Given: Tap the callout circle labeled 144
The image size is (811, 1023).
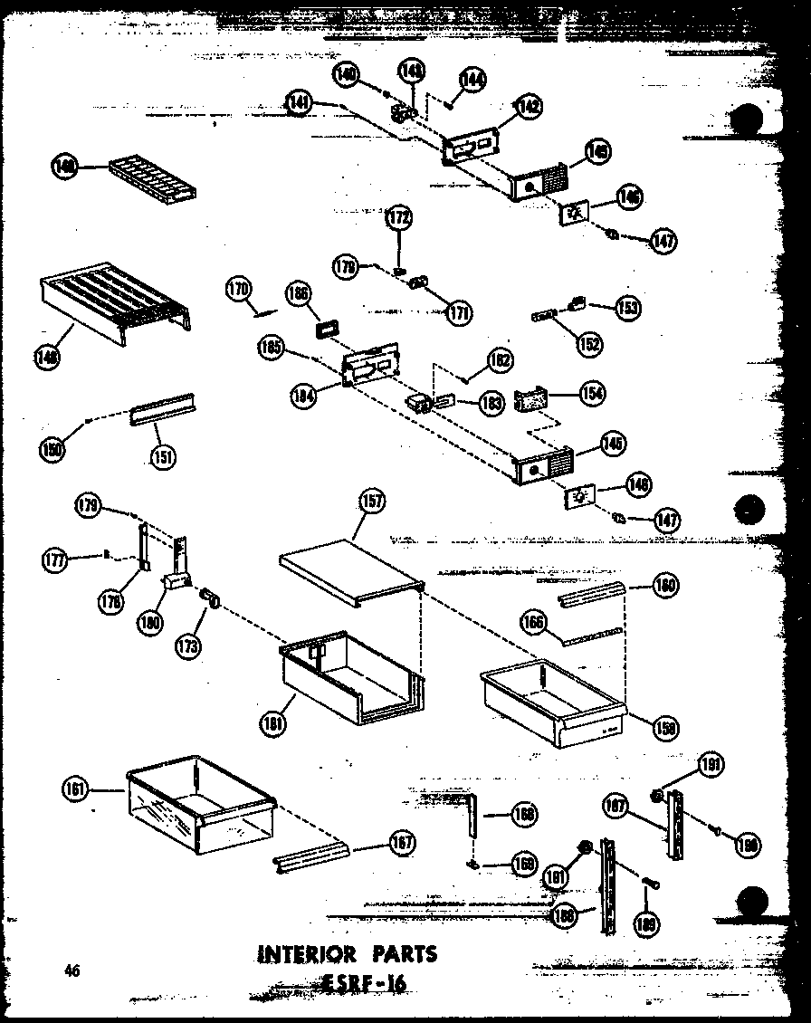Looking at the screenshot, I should pyautogui.click(x=472, y=80).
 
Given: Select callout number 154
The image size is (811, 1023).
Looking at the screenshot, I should pyautogui.click(x=594, y=394).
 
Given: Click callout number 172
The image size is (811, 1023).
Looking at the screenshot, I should pyautogui.click(x=398, y=217).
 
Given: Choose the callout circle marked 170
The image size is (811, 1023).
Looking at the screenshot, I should pyautogui.click(x=239, y=290).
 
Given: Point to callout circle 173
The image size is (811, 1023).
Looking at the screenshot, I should pyautogui.click(x=189, y=645).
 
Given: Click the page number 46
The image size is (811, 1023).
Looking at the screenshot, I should pyautogui.click(x=72, y=971).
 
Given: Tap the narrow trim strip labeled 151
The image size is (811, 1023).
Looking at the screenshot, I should pyautogui.click(x=164, y=410).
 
